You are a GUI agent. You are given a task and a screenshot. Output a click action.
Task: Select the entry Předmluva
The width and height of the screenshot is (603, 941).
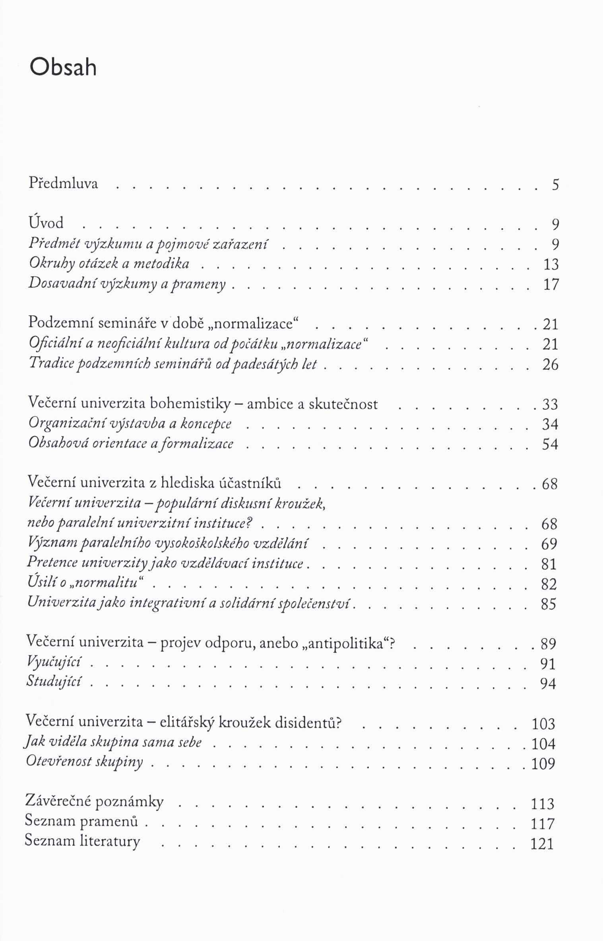coord(63,184)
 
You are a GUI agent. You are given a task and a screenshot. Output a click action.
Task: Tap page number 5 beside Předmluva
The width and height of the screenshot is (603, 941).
coord(555,185)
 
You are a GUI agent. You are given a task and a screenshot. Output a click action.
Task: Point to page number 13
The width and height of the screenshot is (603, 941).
coord(551,264)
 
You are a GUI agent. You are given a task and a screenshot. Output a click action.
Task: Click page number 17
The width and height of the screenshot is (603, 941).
coord(551,285)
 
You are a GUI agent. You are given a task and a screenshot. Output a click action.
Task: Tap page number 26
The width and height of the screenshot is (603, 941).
coord(551,365)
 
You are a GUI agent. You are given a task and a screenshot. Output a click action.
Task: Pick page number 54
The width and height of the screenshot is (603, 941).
coord(550,444)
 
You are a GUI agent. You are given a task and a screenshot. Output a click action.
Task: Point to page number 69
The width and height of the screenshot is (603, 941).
coord(549,544)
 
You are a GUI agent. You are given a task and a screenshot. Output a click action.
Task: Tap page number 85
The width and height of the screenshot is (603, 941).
coord(549,604)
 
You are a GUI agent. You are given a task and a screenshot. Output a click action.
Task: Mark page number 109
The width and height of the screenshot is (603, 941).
coord(543,763)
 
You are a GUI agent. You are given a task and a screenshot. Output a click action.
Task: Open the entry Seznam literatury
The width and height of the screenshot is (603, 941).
coord(82,841)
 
